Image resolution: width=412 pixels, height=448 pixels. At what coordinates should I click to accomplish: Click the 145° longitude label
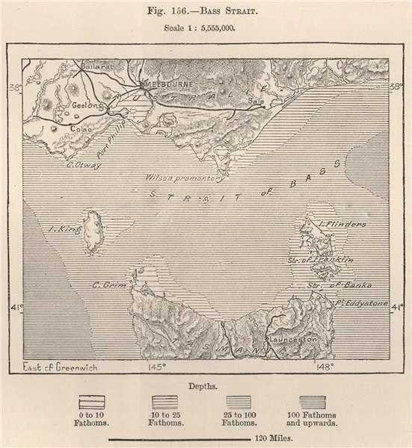pos(156,367)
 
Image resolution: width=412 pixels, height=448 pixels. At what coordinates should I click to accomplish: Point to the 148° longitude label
pos(323,367)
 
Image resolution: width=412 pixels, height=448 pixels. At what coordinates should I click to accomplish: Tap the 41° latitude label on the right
pos(397,306)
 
